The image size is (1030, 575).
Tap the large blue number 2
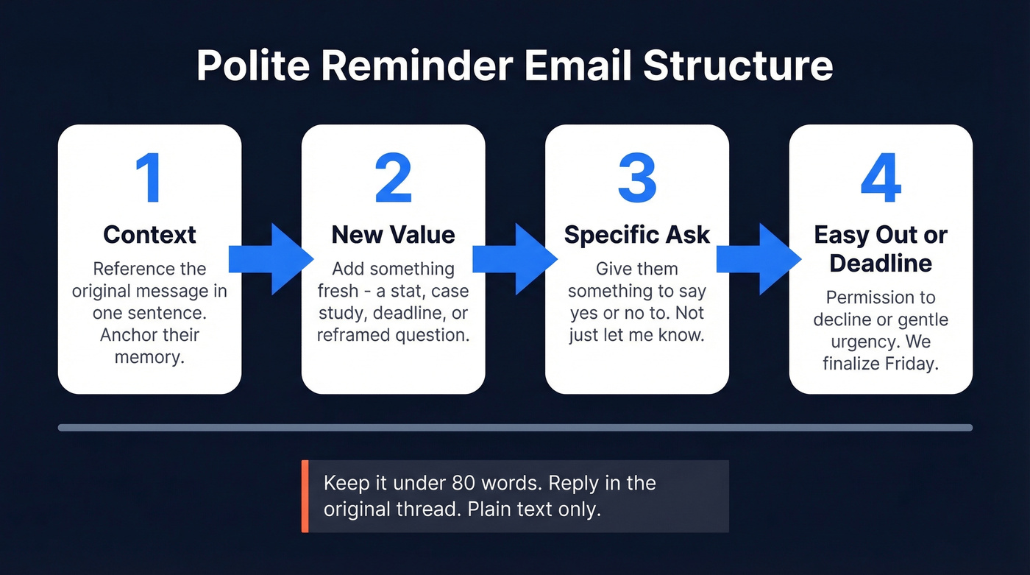coord(393,179)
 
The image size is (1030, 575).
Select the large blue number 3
coord(636,179)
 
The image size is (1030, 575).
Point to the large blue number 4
coord(881,179)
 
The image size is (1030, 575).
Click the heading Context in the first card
coord(149,234)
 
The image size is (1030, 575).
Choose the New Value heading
coord(393,234)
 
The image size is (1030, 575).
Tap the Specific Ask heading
coord(636,234)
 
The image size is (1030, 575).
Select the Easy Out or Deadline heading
coord(881,249)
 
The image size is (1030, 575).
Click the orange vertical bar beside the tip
coord(305,496)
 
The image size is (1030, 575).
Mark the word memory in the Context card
coord(149,358)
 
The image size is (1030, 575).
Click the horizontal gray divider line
coord(515,427)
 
